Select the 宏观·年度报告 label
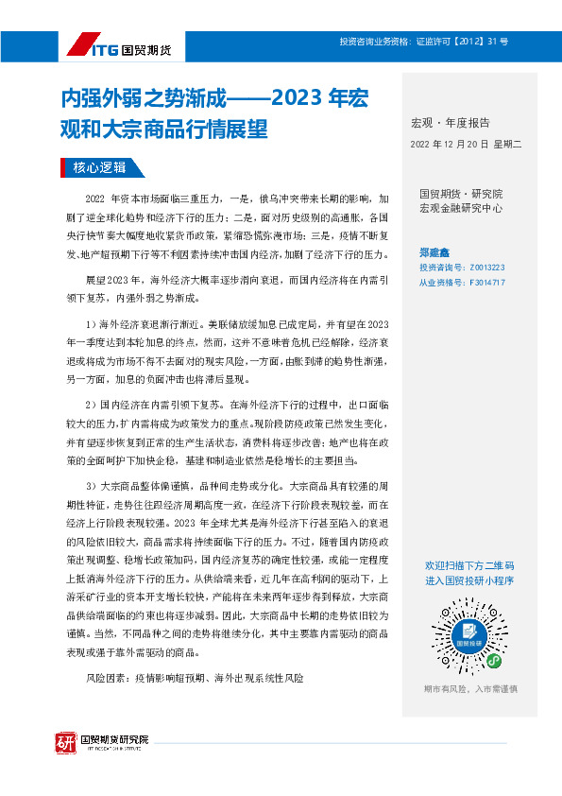pos(450,123)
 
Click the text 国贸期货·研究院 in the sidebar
pos(461,193)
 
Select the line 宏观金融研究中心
pos(461,207)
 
